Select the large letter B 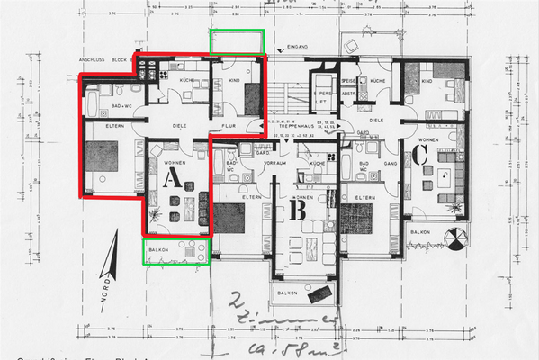tap(299, 209)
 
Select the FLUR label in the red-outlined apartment tap(229, 127)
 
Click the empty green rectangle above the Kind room tap(237, 41)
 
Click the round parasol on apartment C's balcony tap(459, 239)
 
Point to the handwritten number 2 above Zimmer tap(236, 303)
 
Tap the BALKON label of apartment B tap(287, 293)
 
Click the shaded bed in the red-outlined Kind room tap(247, 91)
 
